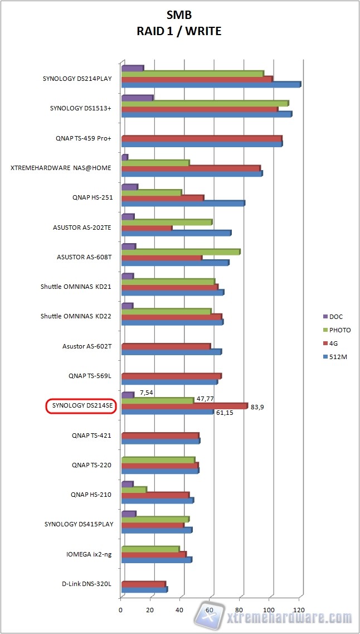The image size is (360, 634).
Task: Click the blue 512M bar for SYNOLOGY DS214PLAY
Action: (x=211, y=85)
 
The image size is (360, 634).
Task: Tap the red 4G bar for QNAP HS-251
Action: (x=163, y=198)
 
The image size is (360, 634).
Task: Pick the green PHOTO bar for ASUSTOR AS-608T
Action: (x=181, y=252)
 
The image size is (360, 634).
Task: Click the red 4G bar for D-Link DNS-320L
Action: (x=143, y=584)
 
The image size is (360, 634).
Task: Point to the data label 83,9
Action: (x=257, y=407)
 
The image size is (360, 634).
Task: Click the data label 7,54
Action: (x=146, y=393)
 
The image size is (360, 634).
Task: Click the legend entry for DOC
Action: (x=336, y=317)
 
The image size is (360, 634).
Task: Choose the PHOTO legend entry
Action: (x=339, y=330)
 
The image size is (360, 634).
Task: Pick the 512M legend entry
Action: (x=338, y=356)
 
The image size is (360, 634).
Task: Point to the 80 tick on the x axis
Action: (x=240, y=609)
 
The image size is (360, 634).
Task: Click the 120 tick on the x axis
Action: (x=300, y=609)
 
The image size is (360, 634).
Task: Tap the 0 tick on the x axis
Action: (x=121, y=609)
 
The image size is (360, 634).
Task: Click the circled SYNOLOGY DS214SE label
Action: (x=80, y=406)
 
